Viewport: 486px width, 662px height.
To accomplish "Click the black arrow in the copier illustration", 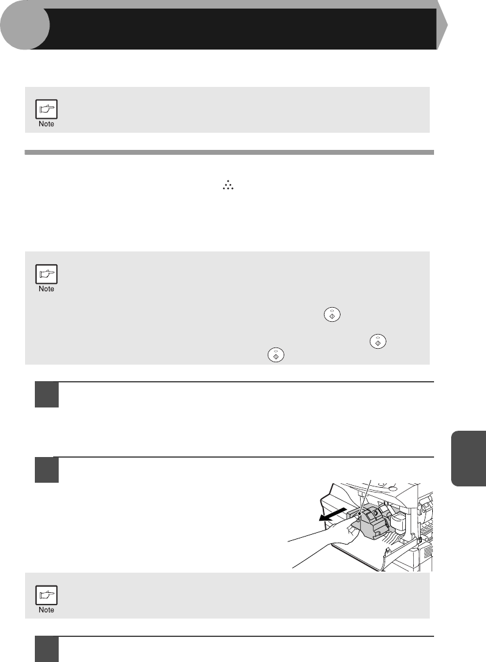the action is [333, 514].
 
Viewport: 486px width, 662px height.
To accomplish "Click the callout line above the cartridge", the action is [365, 497].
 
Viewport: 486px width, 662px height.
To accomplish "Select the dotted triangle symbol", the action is [228, 185].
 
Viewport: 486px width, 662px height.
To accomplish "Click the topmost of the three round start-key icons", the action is [332, 315].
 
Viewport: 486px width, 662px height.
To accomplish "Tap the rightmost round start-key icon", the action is [378, 341].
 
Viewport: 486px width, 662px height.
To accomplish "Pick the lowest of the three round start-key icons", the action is [276, 355].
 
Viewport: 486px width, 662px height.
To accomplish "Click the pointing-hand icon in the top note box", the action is [46, 109].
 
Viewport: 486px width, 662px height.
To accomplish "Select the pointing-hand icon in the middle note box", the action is [46, 274].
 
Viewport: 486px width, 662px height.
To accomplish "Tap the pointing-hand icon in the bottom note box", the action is [46, 595].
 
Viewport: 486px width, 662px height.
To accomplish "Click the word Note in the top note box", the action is [46, 124].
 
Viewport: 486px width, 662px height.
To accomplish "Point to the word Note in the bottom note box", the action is [46, 609].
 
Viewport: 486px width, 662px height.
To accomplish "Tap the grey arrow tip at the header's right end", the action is [442, 25].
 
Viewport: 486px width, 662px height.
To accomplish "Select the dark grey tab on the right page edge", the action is [468, 458].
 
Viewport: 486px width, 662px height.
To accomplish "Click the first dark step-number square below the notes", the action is [46, 395].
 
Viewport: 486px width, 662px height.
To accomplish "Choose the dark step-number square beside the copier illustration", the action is [46, 470].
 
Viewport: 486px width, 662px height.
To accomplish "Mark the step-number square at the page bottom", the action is [46, 649].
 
